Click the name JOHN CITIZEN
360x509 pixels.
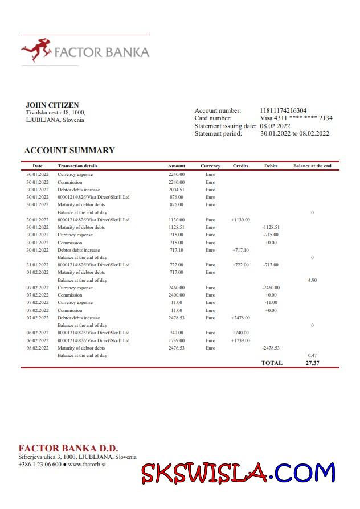point(52,105)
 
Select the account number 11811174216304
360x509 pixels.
point(283,110)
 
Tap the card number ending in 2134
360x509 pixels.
point(296,118)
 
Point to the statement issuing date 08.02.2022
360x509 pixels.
point(275,126)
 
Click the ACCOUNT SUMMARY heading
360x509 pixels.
point(69,150)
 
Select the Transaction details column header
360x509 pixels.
point(77,166)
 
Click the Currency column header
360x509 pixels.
point(210,166)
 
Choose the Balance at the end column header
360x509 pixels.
point(312,166)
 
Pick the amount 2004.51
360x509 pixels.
point(177,190)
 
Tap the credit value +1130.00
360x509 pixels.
point(240,220)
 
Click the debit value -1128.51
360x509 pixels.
point(271,227)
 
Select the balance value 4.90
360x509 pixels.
point(312,280)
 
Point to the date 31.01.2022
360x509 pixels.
point(38,265)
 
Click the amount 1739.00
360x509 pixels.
point(177,340)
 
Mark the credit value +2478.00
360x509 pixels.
point(240,318)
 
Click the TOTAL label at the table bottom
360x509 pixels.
point(272,363)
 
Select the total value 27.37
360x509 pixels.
point(312,363)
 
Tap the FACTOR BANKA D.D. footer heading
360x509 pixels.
point(68,448)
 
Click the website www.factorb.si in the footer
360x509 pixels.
point(87,465)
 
